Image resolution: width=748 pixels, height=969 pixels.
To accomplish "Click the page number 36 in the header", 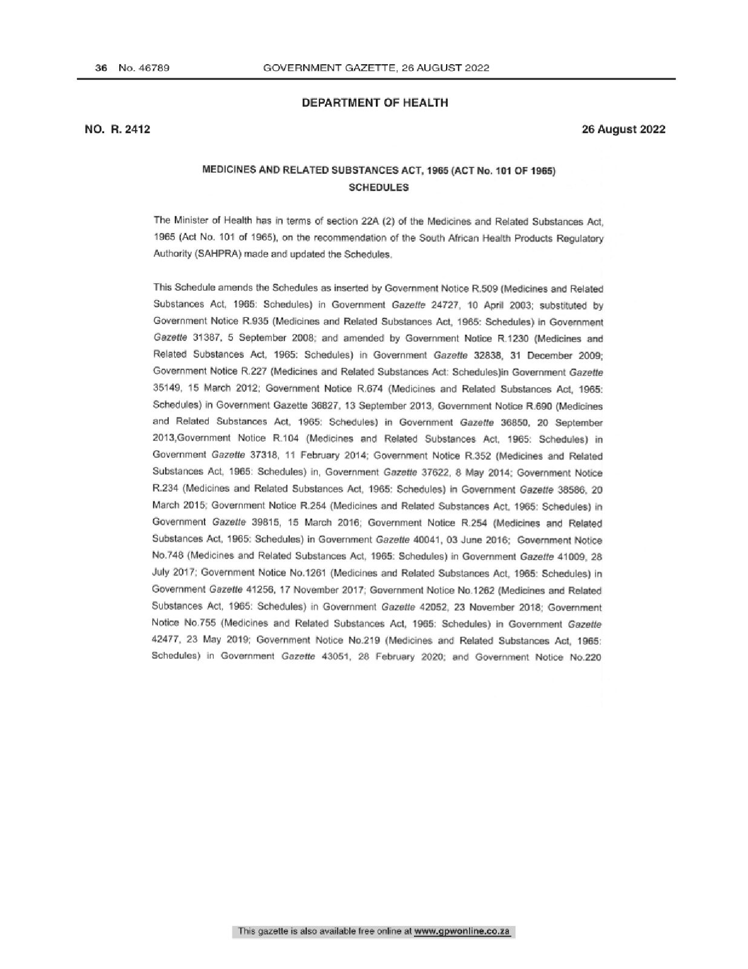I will (x=101, y=68).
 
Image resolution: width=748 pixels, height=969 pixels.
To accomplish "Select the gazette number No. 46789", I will (x=144, y=68).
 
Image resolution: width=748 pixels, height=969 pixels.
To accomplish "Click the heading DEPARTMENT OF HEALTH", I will (x=375, y=103).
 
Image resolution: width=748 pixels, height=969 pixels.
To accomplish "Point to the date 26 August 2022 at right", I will (x=623, y=129).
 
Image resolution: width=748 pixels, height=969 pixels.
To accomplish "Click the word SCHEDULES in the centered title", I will (x=379, y=188).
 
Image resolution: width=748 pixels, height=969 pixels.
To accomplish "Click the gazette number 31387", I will (x=208, y=339).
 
